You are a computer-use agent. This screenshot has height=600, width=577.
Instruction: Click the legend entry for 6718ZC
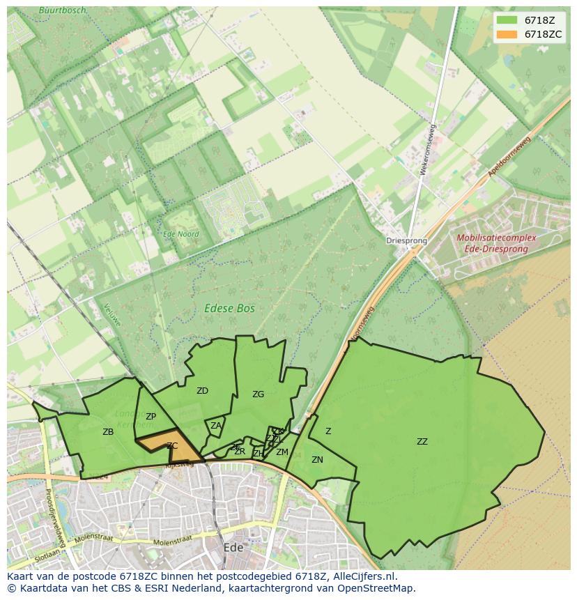(543, 34)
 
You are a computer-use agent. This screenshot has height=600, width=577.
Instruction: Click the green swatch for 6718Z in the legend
(507, 20)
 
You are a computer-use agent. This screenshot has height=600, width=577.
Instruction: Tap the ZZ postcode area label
(422, 442)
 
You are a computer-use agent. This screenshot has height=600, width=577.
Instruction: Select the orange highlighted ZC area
(175, 450)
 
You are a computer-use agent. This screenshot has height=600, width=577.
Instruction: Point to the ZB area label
(108, 432)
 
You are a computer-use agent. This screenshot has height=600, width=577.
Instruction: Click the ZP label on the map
(151, 417)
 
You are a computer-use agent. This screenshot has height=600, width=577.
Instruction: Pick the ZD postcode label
(202, 391)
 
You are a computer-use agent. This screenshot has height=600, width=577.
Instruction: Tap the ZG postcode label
(258, 394)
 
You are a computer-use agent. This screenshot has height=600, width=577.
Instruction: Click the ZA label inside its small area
(216, 426)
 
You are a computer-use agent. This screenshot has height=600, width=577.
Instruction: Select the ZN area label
(317, 460)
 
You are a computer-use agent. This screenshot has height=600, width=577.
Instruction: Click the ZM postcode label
(282, 452)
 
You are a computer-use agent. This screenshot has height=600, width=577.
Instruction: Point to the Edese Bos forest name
(229, 308)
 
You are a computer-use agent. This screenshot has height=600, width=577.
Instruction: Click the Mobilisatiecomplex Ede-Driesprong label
(496, 243)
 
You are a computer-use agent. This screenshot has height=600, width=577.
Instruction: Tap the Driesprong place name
(406, 241)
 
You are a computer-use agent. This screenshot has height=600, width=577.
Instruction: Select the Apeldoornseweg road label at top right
(510, 155)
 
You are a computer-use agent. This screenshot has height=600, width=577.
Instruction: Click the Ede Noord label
(180, 234)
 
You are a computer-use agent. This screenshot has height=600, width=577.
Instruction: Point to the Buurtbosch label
(63, 10)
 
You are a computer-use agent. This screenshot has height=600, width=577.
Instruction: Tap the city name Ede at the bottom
(233, 548)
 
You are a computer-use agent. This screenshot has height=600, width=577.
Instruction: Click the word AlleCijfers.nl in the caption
(362, 576)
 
